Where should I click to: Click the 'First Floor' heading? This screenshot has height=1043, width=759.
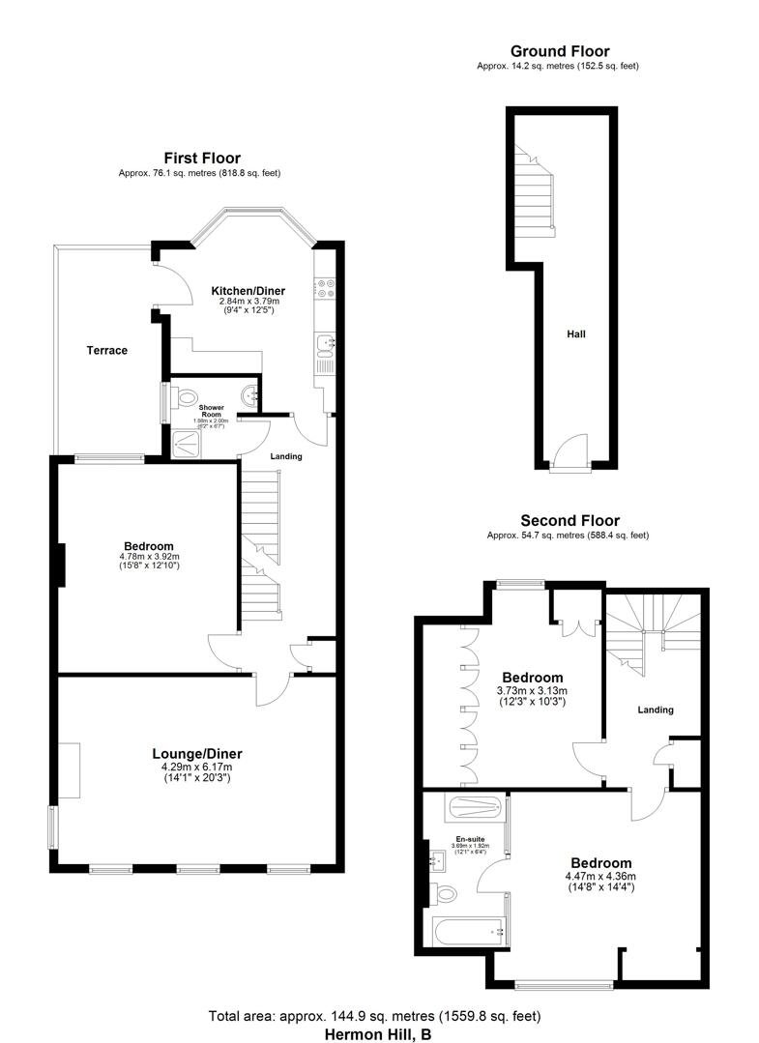(201, 159)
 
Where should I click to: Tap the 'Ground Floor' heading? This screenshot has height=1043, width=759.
(559, 51)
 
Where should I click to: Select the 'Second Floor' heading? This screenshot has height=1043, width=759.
(569, 520)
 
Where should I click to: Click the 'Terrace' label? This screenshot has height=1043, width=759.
(107, 350)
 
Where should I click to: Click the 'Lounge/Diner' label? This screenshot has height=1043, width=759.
(197, 754)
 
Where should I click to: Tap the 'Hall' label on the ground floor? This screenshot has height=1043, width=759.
(576, 333)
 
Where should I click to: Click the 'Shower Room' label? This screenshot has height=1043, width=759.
(211, 412)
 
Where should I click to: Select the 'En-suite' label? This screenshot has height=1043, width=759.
(470, 839)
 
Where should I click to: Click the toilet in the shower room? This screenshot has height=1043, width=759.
(187, 395)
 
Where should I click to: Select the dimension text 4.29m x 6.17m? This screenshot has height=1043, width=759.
(197, 767)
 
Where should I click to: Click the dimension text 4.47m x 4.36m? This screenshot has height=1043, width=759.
(599, 877)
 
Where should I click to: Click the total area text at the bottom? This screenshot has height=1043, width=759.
(374, 1016)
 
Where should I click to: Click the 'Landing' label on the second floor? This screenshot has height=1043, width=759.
(656, 710)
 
